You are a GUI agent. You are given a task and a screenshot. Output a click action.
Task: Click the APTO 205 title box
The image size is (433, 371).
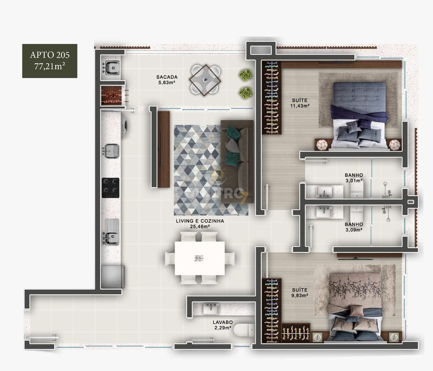point(50,61)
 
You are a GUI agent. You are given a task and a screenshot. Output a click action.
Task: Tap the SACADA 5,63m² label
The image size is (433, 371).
point(167,80)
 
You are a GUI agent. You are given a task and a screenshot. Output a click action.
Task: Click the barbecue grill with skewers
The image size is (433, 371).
point(112,95)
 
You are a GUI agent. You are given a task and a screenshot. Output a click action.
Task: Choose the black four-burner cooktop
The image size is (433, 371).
point(111,188)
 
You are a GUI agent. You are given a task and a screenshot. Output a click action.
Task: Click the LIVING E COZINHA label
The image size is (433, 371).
point(200,224)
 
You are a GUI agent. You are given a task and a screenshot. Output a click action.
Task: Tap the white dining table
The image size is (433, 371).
point(200,258)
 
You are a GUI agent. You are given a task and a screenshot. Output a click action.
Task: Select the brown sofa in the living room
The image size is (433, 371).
point(237,162)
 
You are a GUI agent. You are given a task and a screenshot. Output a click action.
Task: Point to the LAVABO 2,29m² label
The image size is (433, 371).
point(223,325)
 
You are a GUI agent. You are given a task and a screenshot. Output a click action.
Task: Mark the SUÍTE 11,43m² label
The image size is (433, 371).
point(300,103)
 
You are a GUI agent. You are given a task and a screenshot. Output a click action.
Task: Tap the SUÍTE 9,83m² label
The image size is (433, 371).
point(300,293)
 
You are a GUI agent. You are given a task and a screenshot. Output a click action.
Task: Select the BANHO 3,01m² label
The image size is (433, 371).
point(354,178)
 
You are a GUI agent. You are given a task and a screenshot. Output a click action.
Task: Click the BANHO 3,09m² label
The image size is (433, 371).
point(354,227)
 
